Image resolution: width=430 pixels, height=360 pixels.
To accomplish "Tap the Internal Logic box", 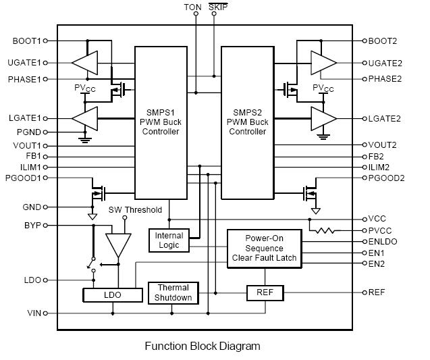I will [x=169, y=240].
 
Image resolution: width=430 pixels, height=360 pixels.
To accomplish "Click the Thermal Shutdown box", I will [x=173, y=292].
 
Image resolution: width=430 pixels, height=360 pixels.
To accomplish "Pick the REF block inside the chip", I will [x=265, y=292].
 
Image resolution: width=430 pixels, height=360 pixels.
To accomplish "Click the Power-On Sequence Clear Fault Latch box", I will [x=264, y=247].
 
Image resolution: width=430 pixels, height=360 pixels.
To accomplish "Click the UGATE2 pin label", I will [x=385, y=63].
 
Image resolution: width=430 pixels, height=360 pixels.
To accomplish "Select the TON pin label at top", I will [x=192, y=7].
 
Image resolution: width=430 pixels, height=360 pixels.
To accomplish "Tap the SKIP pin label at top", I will [x=218, y=7].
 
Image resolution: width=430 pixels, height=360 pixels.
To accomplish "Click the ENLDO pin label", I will [x=383, y=241].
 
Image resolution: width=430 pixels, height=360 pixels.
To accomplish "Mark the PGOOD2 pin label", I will [x=387, y=178].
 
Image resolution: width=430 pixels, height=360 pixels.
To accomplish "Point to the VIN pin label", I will [x=34, y=313].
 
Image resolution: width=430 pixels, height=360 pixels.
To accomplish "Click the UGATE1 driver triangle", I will [x=84, y=63].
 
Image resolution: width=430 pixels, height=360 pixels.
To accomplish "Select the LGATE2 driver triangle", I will [x=323, y=118].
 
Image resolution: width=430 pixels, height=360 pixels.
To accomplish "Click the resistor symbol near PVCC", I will [x=325, y=230].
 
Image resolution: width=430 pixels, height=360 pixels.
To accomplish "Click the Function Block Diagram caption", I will [x=203, y=346].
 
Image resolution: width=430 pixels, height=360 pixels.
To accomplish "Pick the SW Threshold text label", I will [x=135, y=209].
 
